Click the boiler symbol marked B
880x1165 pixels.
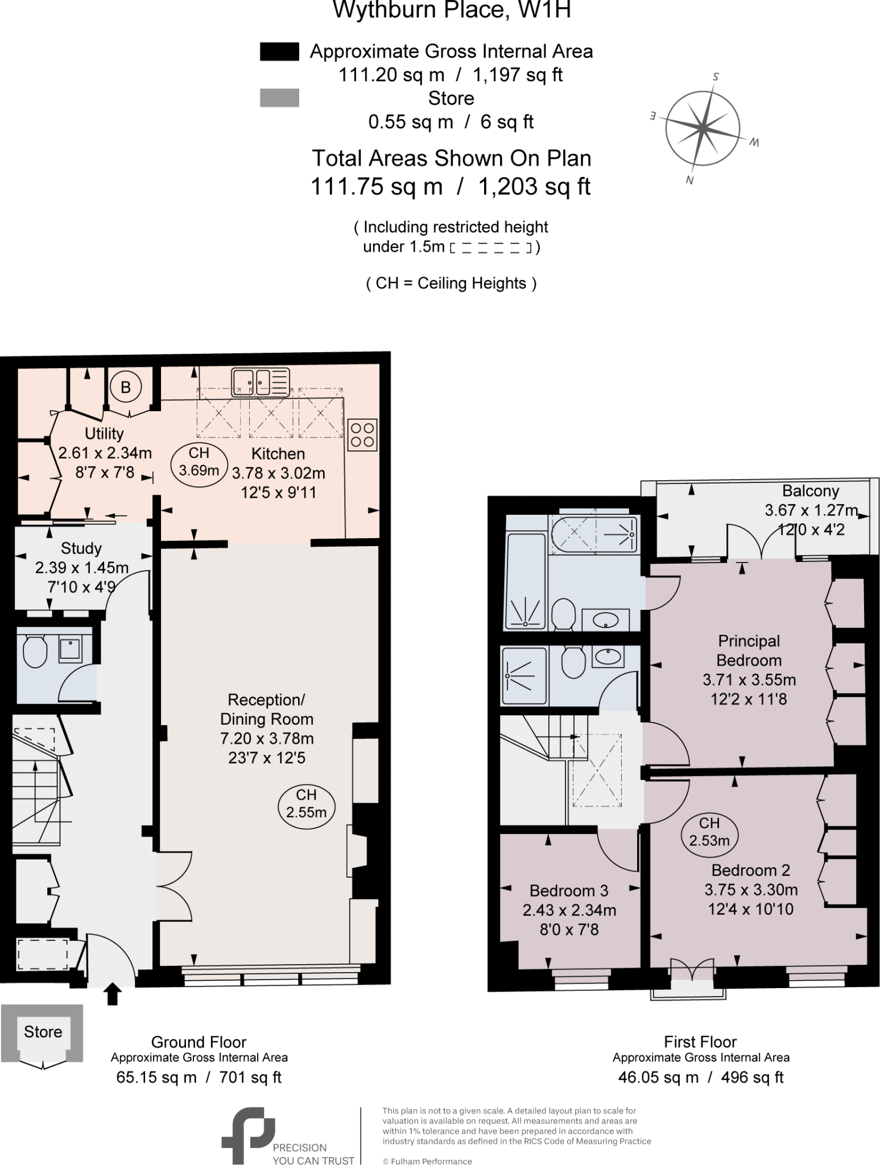point(126,387)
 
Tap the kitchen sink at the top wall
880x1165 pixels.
point(261,382)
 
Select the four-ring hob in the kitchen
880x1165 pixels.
point(362,435)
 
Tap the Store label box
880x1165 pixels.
point(43,1032)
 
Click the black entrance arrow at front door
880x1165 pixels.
point(113,993)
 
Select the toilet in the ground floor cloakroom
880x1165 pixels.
point(35,652)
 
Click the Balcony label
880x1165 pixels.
point(810,491)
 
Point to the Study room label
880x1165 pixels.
point(81,548)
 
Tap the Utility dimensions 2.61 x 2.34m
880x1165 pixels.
point(105,453)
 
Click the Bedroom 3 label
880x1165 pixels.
point(568,890)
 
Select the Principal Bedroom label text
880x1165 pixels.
point(749,651)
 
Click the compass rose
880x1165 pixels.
point(703,129)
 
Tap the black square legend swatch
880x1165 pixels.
point(279,52)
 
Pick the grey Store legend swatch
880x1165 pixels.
point(279,98)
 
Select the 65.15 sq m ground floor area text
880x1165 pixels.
point(156,1077)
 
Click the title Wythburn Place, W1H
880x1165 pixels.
point(451,10)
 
